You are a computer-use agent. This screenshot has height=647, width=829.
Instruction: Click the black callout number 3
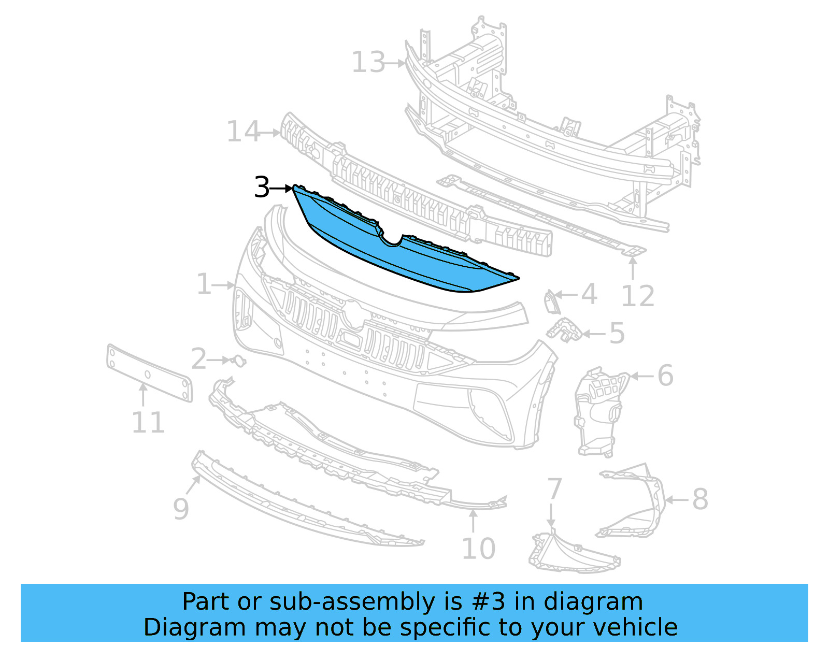click(x=262, y=187)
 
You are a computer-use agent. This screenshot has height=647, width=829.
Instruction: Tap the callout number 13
click(x=368, y=63)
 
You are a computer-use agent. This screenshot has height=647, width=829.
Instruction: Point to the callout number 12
click(x=637, y=296)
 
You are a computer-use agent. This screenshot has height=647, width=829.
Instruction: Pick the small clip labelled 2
click(x=238, y=361)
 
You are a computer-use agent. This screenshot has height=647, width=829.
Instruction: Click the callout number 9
click(x=181, y=509)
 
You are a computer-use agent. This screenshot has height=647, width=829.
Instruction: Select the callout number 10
click(x=478, y=549)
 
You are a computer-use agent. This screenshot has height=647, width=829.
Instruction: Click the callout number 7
click(x=554, y=488)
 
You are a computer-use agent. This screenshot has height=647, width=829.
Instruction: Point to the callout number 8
click(x=699, y=499)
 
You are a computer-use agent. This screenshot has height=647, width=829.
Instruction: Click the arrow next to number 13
click(x=396, y=63)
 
